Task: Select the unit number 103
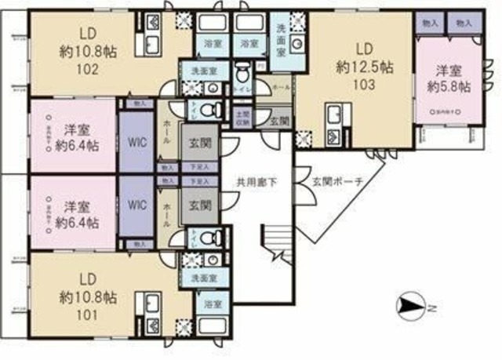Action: coord(364,82)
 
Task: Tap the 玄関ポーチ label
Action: coord(337,182)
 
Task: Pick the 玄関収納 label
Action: coord(244,118)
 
